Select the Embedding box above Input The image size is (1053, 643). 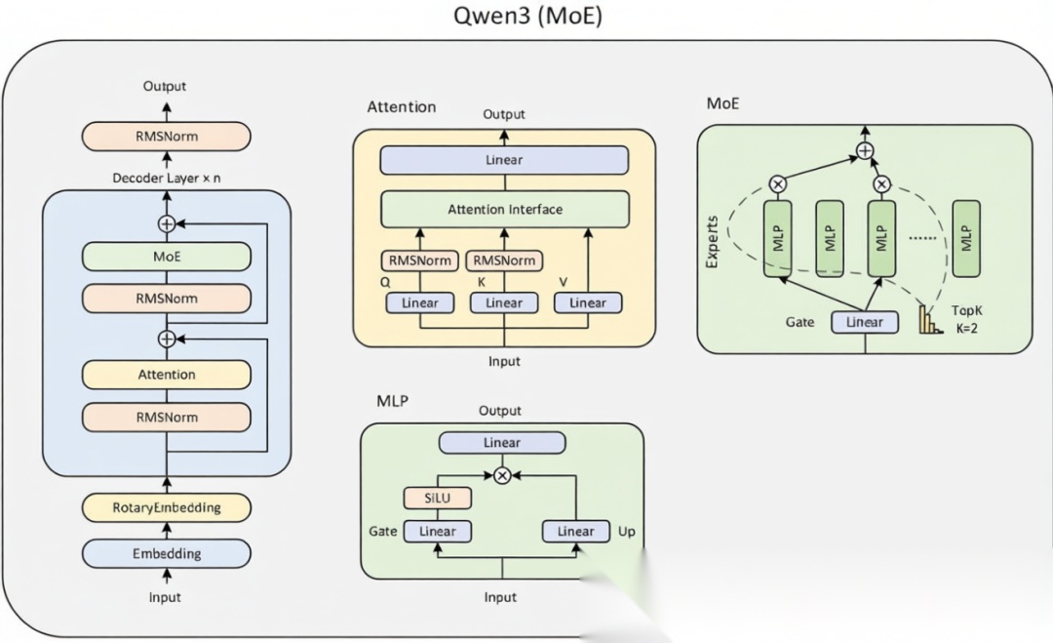point(167,553)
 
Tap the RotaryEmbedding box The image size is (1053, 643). point(167,507)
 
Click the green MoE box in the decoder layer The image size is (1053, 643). point(167,257)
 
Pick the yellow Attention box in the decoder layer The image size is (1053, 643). point(167,375)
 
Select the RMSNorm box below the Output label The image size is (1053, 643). point(167,137)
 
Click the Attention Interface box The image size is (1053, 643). point(504,209)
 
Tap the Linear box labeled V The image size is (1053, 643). point(588,302)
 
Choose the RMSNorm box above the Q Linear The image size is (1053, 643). point(420,261)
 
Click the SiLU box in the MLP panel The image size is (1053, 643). point(438,498)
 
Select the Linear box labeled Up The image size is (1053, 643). point(575,531)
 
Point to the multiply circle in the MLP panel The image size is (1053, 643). point(502,475)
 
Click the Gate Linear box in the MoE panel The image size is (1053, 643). point(864,322)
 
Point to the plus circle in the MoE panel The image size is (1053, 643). point(864,150)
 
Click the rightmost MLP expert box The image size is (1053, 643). point(966,238)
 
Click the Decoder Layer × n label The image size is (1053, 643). point(166,178)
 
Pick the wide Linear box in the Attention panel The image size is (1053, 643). point(504,160)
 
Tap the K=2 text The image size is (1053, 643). point(964,328)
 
